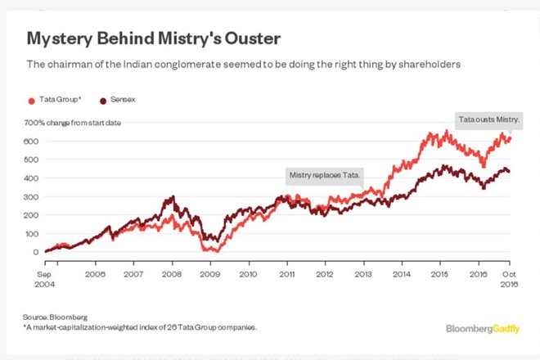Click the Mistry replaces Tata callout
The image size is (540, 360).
[325, 174]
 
